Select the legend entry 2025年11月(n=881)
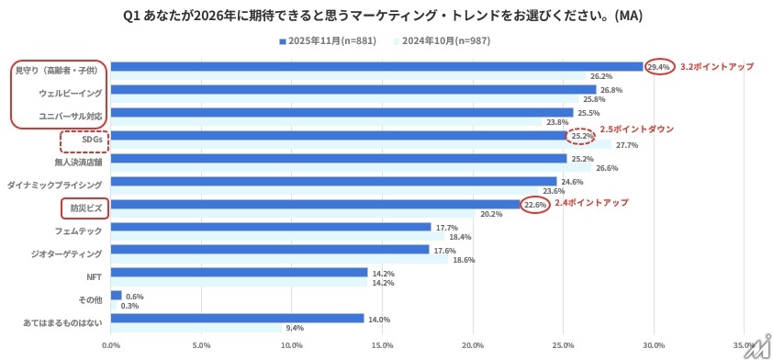pyautogui.click(x=328, y=41)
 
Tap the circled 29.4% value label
pyautogui.click(x=658, y=66)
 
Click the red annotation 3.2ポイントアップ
pyautogui.click(x=717, y=66)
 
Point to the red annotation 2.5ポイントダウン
pyautogui.click(x=636, y=129)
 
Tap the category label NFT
pyautogui.click(x=95, y=276)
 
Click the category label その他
pyautogui.click(x=92, y=299)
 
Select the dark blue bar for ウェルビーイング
pyautogui.click(x=353, y=89)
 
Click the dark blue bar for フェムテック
pyautogui.click(x=271, y=227)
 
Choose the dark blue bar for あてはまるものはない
pyautogui.click(x=237, y=318)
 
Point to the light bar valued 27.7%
pyautogui.click(x=361, y=145)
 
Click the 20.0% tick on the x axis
pyautogui.click(x=472, y=345)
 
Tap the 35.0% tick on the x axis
pyautogui.click(x=743, y=345)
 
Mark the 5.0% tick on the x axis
pyautogui.click(x=201, y=345)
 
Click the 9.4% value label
pyautogui.click(x=295, y=328)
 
